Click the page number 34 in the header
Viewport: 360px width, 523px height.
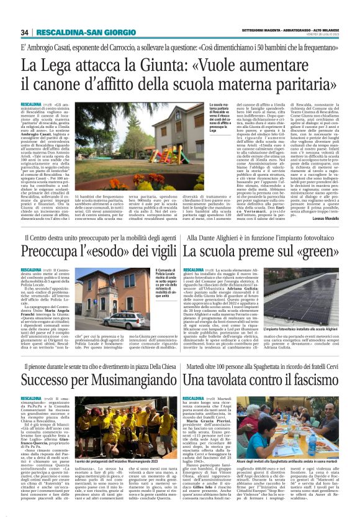(25, 32)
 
